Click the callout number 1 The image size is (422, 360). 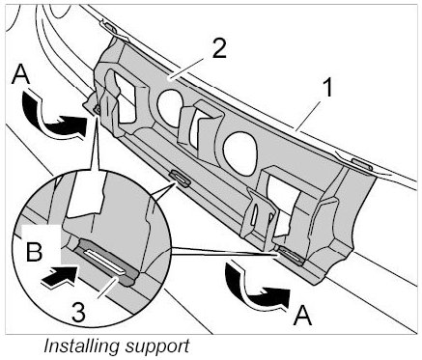(327, 88)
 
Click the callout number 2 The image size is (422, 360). (219, 48)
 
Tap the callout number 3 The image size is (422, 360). (79, 312)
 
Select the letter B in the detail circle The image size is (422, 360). (34, 251)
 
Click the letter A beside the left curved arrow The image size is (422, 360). (20, 75)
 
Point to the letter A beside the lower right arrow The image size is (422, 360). (302, 316)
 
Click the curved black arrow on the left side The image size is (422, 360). (54, 116)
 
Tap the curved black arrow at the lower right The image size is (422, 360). (257, 287)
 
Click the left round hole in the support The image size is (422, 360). (170, 106)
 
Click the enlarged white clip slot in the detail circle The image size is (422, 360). (104, 263)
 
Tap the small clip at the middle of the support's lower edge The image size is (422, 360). (181, 179)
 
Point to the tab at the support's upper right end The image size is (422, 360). (361, 164)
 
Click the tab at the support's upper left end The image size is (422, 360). (109, 27)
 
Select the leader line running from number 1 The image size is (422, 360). (309, 115)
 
